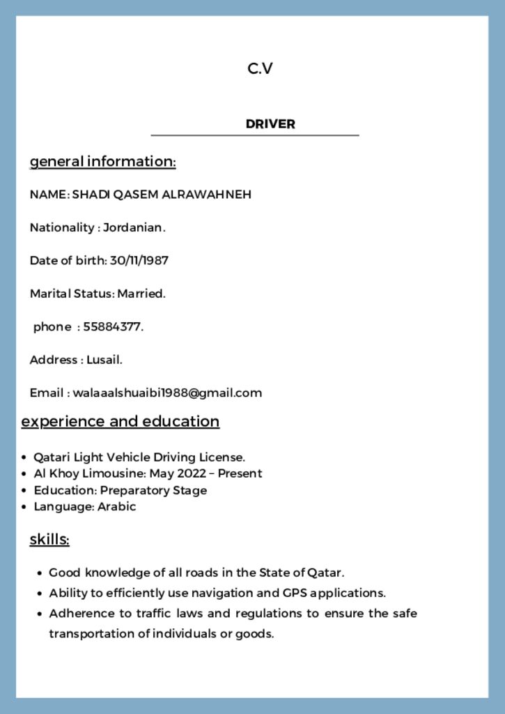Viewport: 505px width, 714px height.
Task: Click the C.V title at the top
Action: click(260, 68)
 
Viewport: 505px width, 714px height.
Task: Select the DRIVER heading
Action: click(270, 124)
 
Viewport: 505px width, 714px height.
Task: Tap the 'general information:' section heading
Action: click(102, 162)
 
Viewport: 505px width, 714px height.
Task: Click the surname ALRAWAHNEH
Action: click(207, 195)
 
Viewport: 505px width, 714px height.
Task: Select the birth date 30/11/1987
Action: click(139, 261)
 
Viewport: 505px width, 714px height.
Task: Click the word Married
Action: click(141, 294)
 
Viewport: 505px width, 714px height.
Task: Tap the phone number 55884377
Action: click(113, 326)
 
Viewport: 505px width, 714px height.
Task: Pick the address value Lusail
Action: click(104, 360)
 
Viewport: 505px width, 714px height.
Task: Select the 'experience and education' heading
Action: click(121, 421)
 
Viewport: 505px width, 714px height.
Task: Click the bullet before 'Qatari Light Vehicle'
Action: click(24, 458)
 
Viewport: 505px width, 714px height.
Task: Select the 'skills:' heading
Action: click(49, 540)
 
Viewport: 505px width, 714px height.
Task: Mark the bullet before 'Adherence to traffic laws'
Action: click(40, 614)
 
